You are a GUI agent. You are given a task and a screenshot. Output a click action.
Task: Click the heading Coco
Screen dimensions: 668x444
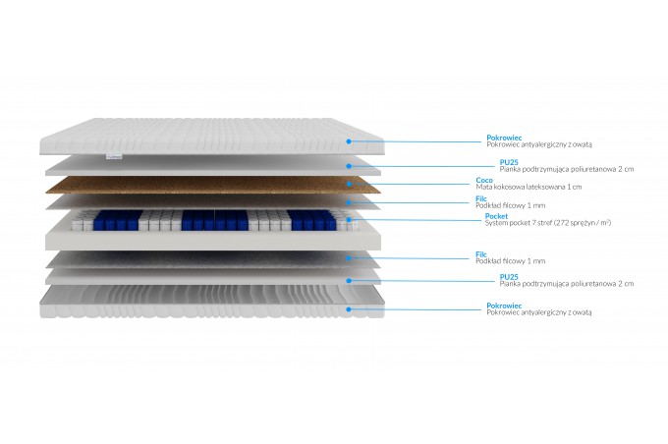tap(484, 180)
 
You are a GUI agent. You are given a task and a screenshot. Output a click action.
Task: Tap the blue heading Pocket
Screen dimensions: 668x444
tap(496, 216)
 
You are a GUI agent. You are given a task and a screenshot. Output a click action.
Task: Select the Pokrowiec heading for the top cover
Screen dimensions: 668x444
tap(504, 138)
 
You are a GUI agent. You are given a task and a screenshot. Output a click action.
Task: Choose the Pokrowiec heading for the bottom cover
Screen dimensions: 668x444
tap(504, 305)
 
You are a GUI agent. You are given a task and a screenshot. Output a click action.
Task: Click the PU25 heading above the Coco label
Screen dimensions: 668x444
tap(509, 162)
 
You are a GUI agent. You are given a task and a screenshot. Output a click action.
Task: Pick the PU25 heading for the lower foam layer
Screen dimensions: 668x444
tap(509, 277)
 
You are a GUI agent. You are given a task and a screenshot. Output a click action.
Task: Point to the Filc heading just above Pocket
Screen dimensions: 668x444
tap(481, 198)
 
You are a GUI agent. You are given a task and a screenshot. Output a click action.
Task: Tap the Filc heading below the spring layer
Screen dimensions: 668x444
tap(481, 254)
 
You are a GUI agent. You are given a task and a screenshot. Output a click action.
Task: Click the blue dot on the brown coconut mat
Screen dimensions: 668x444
tap(349, 184)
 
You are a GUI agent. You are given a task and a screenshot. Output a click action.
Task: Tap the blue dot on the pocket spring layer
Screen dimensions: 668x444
tap(349, 220)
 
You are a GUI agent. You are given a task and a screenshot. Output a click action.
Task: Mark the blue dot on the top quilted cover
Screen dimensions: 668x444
tap(349, 141)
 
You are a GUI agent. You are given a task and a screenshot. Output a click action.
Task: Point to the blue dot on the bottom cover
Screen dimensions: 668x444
tap(349, 309)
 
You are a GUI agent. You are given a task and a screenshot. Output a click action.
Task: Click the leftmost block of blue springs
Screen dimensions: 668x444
tap(117, 220)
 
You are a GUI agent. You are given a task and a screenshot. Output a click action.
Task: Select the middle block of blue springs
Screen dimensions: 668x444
tap(215, 220)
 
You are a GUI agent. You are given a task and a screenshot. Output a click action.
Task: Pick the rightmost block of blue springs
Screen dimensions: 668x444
tap(312, 220)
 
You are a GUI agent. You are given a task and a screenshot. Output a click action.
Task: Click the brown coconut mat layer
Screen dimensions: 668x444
tap(213, 185)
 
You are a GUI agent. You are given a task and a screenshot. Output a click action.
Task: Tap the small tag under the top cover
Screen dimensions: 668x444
tap(114, 157)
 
